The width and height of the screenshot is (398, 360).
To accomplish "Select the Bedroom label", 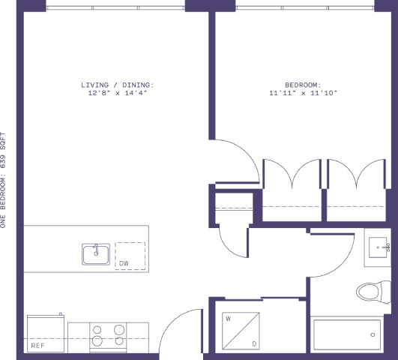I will tap(302, 85).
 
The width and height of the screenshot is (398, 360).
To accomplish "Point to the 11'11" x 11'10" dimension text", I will tap(302, 93).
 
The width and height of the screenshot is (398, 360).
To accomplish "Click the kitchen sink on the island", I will tap(96, 253).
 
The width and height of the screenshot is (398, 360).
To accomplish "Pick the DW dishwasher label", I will tap(124, 263).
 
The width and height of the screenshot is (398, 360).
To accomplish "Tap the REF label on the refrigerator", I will tap(38, 346).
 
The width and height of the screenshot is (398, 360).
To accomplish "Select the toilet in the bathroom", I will tap(373, 290).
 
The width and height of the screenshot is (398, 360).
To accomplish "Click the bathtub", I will tap(346, 334).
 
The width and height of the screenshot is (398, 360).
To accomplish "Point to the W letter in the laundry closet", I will tap(227, 319).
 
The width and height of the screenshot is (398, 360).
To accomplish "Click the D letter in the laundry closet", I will tap(254, 344).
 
